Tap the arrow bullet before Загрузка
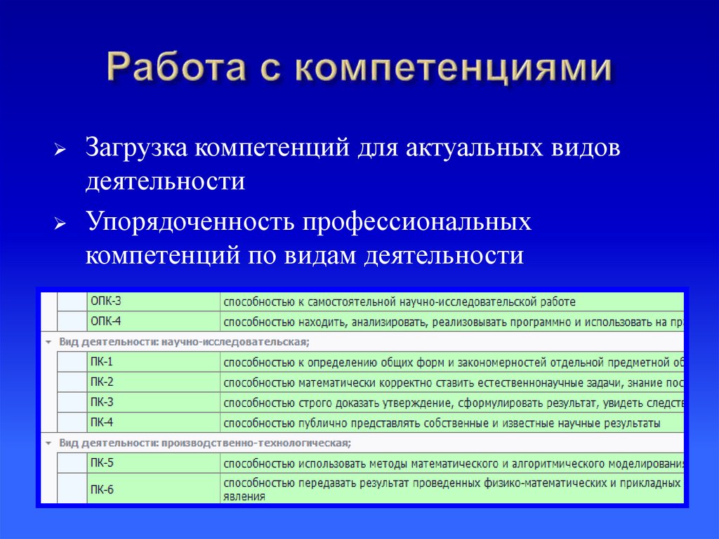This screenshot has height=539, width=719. pos(60,151)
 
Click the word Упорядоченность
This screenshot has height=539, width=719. pos(190,223)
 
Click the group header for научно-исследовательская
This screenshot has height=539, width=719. pos(185,342)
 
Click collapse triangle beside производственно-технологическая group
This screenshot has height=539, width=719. pos(48,443)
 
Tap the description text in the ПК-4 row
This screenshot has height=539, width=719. pos(442,423)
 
